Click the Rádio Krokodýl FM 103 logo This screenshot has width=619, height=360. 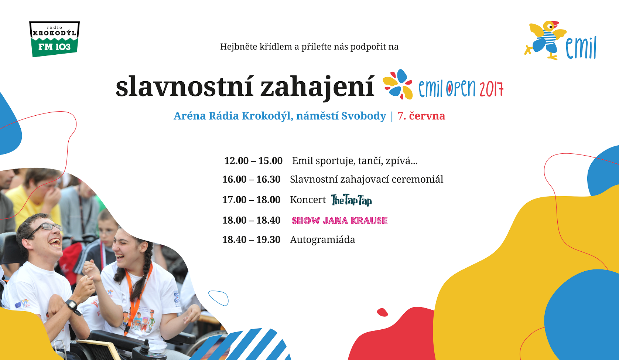54,39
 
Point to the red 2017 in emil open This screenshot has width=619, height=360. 491,89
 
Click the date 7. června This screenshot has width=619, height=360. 421,116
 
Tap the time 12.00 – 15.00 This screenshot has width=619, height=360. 253,161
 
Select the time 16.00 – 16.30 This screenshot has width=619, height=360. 251,180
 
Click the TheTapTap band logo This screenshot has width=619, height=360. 351,200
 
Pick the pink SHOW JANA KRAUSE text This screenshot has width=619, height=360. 339,221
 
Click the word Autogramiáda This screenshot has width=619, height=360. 322,240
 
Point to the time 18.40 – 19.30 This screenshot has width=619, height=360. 251,240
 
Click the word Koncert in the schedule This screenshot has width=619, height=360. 308,200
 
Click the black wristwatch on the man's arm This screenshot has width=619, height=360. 71,305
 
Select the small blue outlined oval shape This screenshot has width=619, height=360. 218,298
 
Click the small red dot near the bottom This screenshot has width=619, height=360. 382,312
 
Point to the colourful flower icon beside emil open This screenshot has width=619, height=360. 398,84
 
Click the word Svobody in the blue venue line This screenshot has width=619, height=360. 363,116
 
